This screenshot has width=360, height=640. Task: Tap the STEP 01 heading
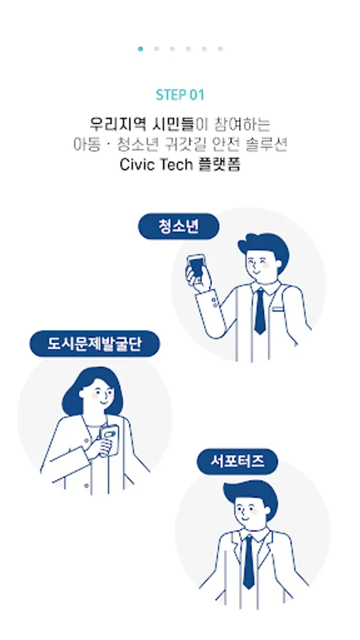click(180, 95)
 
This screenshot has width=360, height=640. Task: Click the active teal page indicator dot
click(140, 49)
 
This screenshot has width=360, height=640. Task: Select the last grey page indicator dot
click(221, 49)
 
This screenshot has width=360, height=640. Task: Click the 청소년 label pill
click(179, 226)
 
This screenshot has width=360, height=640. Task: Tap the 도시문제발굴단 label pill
click(95, 343)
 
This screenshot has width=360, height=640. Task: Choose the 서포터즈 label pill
click(238, 462)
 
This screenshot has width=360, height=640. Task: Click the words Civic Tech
click(156, 164)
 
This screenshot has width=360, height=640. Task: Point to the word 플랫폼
click(219, 164)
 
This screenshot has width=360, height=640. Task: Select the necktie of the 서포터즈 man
click(248, 562)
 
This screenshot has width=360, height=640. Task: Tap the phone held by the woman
click(109, 438)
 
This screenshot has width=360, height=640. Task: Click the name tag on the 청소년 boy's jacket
click(278, 309)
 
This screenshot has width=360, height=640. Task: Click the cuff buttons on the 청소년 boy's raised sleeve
click(215, 303)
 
